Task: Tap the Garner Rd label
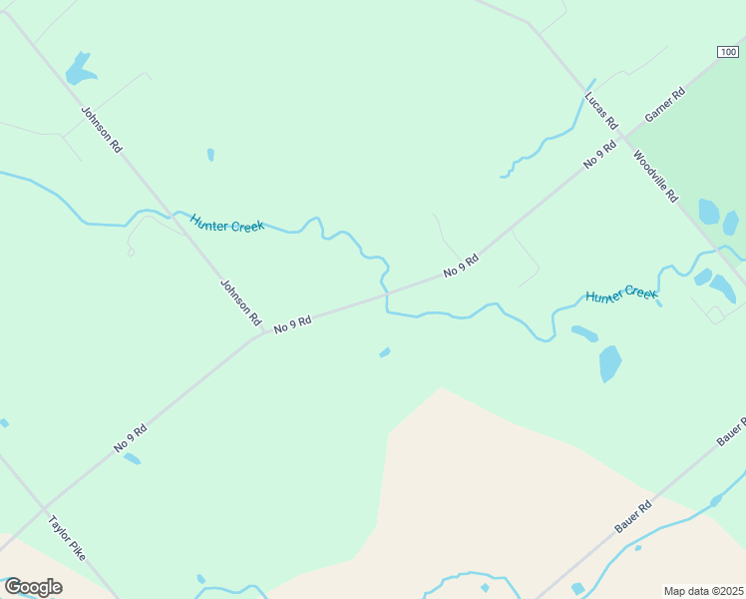665,105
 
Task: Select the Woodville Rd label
655,176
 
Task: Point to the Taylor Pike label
67,536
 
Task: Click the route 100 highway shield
729,52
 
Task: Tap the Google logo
33,587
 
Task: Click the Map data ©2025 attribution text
703,591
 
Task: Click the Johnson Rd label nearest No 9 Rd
240,302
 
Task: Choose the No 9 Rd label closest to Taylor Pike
131,438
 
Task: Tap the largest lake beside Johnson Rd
79,70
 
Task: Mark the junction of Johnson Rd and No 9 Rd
262,333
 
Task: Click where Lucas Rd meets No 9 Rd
620,133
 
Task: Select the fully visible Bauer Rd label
633,516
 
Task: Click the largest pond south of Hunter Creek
610,362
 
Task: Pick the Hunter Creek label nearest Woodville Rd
621,296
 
